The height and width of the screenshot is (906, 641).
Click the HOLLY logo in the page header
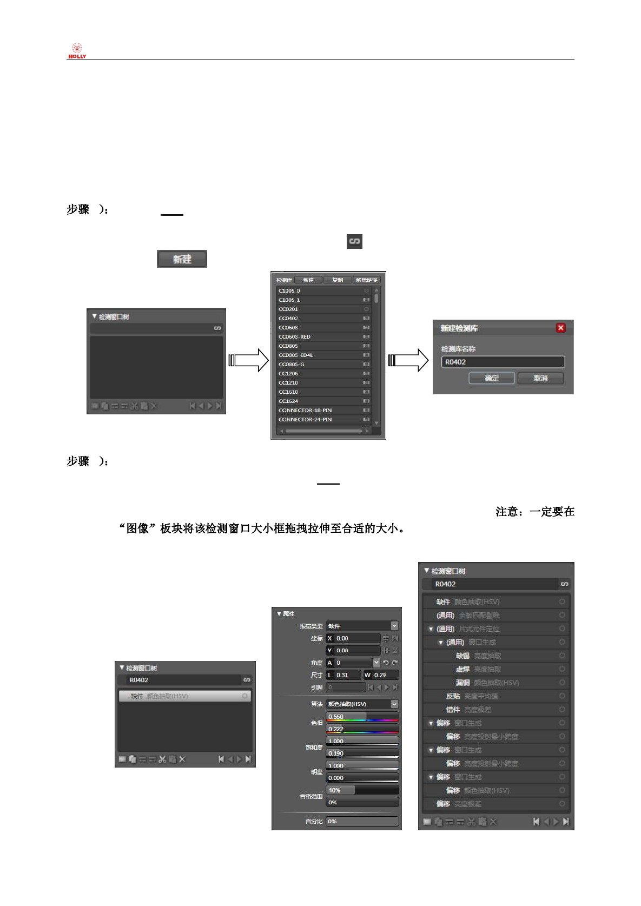(77, 51)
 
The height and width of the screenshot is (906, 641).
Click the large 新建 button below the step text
(182, 259)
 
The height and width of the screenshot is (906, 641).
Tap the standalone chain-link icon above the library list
(354, 241)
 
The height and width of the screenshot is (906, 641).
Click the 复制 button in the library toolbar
(338, 280)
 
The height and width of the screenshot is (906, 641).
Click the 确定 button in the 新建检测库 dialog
(492, 378)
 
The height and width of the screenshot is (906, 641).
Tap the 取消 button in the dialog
(540, 378)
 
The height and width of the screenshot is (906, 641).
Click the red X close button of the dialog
(560, 328)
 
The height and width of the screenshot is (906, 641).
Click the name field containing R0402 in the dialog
(503, 362)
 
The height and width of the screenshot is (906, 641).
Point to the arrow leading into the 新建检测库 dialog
(408, 360)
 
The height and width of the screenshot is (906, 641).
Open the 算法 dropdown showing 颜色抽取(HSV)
(362, 704)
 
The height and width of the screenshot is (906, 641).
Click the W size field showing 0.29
(381, 675)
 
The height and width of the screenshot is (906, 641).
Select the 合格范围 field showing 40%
(362, 790)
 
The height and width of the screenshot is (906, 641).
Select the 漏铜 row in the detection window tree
(487, 683)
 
